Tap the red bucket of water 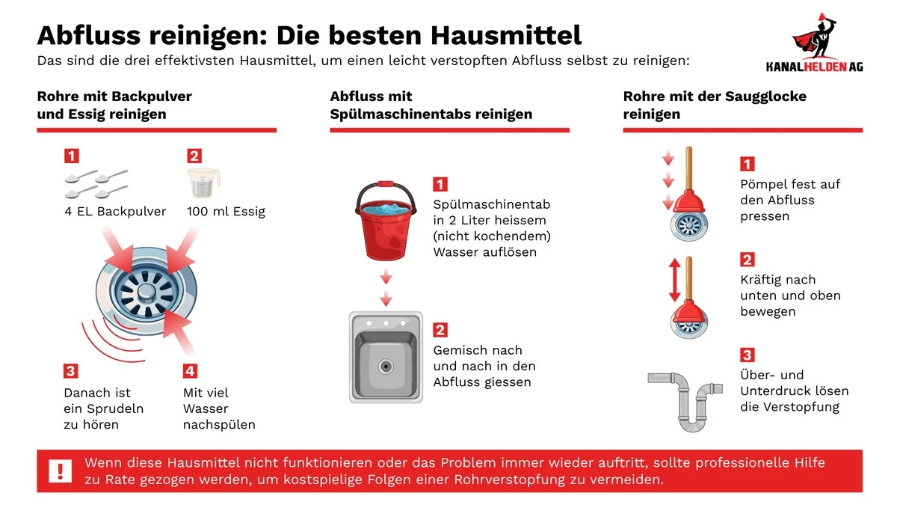point(385,221)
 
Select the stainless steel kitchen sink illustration point(386,358)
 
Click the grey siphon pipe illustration point(688,396)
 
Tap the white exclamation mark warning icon point(60,471)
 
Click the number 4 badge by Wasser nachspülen point(191,370)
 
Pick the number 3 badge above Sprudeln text point(71,370)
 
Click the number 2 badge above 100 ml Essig point(194,156)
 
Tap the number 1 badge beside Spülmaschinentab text point(441,184)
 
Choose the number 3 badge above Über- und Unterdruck point(747,355)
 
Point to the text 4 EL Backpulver point(115,212)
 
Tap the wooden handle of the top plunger point(688,169)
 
